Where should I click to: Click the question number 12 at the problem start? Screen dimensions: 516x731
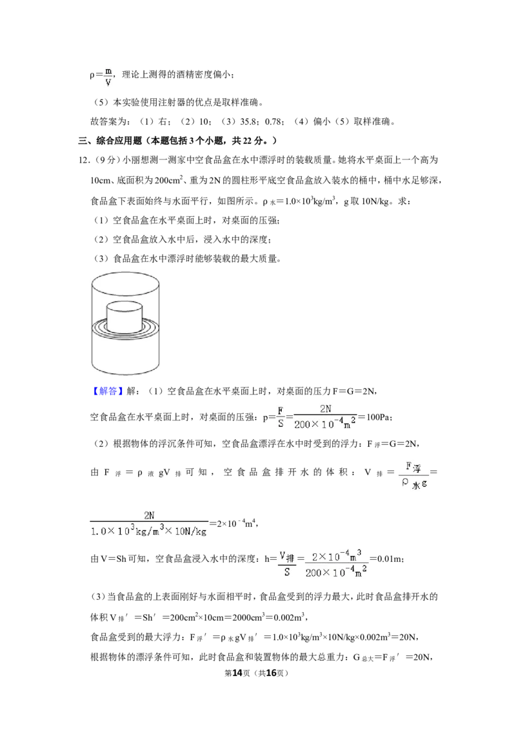click(83, 160)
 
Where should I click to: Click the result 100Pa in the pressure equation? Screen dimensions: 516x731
click(379, 417)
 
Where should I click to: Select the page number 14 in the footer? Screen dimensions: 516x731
click(237, 673)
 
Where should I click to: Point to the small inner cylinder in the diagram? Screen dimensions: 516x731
click(125, 317)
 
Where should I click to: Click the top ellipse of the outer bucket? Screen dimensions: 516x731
click(125, 283)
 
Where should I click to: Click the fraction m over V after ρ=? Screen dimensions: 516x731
click(108, 77)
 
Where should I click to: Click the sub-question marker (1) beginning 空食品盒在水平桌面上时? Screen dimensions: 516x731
click(101, 220)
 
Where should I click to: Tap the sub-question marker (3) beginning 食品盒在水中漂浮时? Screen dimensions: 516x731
click(101, 258)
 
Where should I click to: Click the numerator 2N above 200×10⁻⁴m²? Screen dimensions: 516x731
click(326, 408)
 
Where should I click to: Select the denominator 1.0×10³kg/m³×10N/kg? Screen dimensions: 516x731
click(148, 531)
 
